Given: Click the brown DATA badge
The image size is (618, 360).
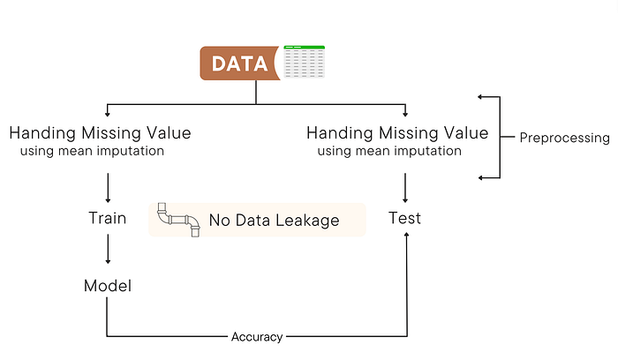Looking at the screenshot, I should tap(241, 63).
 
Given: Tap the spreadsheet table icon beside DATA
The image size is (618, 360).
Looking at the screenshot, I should tap(304, 62).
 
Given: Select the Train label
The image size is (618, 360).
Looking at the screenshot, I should tap(107, 218).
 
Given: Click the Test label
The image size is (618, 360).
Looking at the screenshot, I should tap(405, 218).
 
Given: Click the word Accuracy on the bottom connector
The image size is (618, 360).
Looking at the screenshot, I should tap(257, 336).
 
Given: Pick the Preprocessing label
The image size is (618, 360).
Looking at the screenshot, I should tap(563, 138).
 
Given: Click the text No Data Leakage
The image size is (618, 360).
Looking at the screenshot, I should tap(274, 220).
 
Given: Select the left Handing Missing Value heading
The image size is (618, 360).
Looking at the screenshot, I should tap(99, 133).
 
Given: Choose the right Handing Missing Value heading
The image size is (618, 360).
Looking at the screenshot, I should tap(396, 133).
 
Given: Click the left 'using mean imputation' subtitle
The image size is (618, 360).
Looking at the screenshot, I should tap(92, 152).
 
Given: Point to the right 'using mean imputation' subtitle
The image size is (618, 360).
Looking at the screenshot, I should tap(389, 151).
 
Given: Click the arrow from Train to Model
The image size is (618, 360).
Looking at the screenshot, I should tap(107, 251).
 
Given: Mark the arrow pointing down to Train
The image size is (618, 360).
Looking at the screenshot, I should tap(107, 188).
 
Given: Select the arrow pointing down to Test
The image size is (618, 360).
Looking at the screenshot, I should tap(405, 188).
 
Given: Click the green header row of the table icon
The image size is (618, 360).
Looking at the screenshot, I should tap(304, 47).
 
